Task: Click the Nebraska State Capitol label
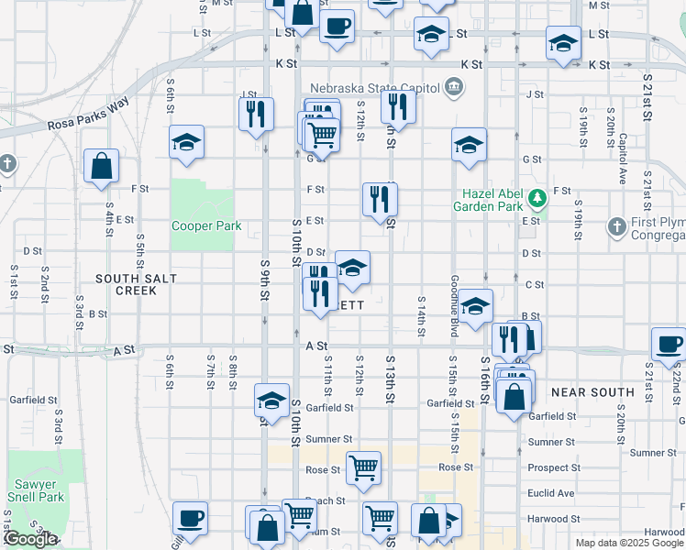click(x=373, y=88)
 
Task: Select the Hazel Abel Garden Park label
click(x=494, y=200)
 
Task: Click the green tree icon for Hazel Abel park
click(x=537, y=194)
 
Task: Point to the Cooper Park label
click(x=206, y=225)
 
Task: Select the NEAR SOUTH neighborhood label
click(x=592, y=392)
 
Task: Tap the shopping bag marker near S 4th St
click(x=101, y=166)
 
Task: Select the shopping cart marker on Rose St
click(x=364, y=467)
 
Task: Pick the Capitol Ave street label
click(x=623, y=146)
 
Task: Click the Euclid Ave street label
click(x=552, y=493)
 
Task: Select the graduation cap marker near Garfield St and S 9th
click(x=271, y=400)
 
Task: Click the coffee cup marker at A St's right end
click(x=669, y=343)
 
